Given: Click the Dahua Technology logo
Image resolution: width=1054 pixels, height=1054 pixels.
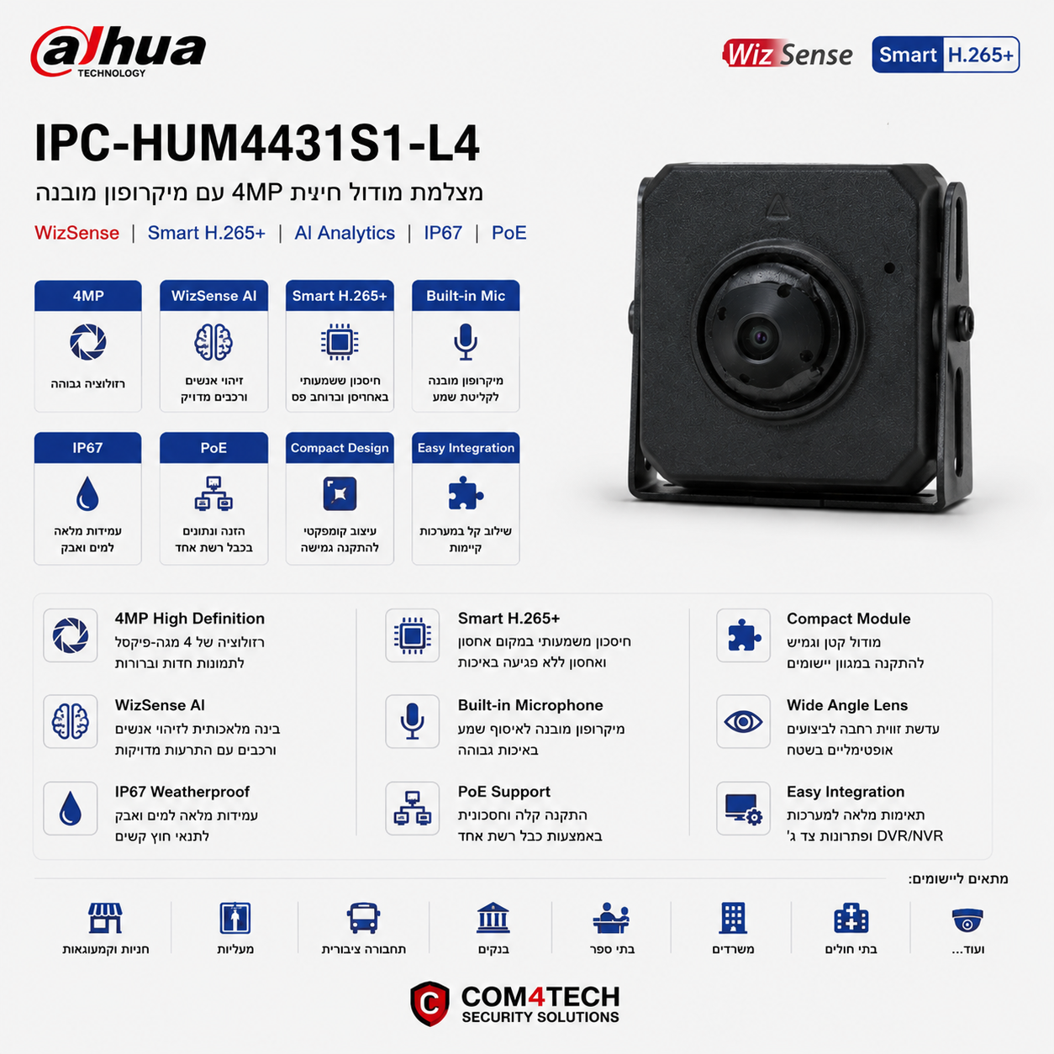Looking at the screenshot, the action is pos(119,52).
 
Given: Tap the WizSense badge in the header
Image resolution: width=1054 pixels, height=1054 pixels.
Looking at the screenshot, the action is pos(787,54).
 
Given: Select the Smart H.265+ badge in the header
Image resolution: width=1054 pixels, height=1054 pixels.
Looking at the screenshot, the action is pos(946,55).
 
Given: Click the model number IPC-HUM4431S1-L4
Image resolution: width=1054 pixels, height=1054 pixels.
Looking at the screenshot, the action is pos(257,143).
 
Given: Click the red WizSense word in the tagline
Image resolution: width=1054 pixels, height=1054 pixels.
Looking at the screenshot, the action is pos(76,233).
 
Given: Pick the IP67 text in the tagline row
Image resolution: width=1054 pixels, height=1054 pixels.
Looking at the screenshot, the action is pos(443,233).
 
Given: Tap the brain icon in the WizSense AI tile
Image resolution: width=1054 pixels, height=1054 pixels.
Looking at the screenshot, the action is pos(213,342).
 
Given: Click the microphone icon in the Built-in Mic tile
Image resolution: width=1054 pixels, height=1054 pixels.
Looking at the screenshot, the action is pos(466,342).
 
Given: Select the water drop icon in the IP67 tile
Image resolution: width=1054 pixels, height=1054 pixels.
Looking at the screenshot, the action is pos(87,493).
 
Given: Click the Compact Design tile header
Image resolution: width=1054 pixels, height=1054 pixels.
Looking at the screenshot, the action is pos(340,448).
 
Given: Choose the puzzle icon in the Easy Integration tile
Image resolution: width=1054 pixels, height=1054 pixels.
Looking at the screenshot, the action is pos(465,493).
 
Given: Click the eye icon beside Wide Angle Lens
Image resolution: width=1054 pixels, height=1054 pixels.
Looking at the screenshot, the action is pos(743,722).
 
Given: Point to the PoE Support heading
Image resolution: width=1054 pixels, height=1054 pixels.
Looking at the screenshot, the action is pos(503,792).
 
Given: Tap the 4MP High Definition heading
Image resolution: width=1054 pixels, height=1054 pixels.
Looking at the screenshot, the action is pos(189,619).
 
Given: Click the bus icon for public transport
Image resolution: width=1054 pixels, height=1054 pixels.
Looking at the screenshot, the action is pos(363,918).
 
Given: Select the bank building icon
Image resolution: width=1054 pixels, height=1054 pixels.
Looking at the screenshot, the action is pos(493,917).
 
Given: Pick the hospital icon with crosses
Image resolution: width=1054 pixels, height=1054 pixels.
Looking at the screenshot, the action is pos(851,918).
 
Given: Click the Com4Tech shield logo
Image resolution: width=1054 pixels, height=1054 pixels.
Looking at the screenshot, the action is pos(430,1004).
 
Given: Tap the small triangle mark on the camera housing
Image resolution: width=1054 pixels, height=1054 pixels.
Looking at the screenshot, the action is pos(777,208).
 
